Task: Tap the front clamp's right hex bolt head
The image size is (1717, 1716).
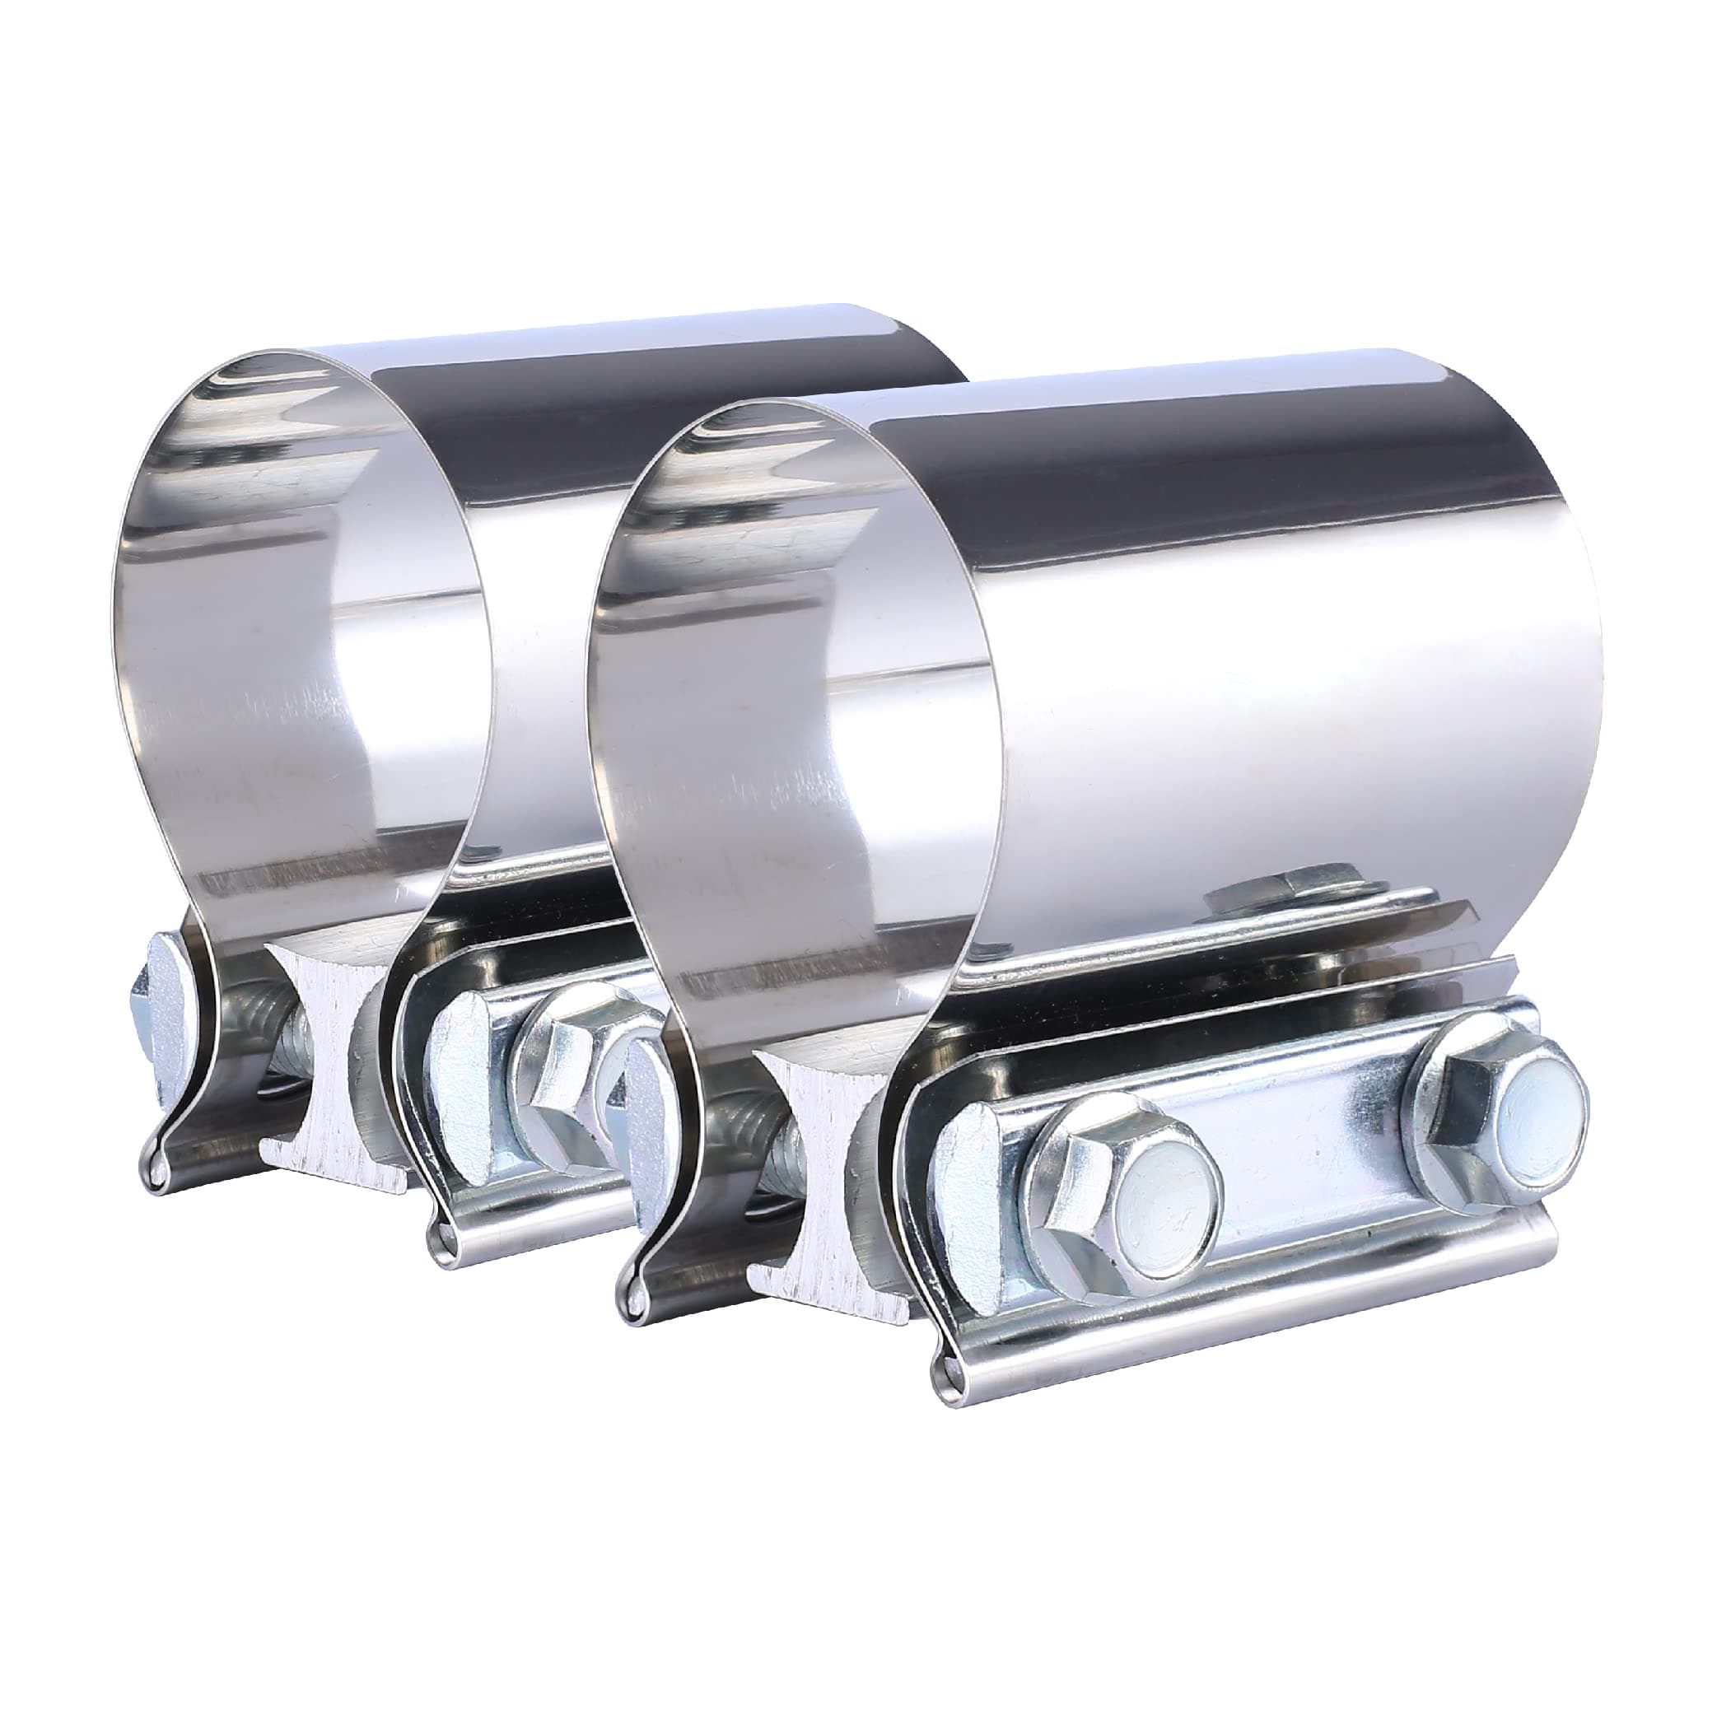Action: click(x=1503, y=1118)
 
